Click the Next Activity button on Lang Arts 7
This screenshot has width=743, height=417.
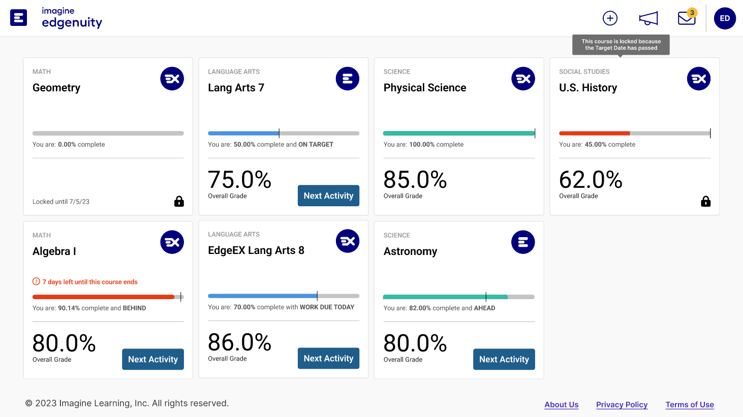(328, 196)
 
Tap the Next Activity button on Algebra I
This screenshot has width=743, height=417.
(153, 359)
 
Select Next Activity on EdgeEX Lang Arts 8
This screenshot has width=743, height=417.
(328, 358)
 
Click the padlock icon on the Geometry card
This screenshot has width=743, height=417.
(179, 201)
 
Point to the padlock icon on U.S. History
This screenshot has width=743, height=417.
(705, 201)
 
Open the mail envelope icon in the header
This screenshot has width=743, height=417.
(687, 19)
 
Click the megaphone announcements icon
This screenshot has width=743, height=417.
(648, 19)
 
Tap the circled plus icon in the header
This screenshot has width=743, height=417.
(610, 18)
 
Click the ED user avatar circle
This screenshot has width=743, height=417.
(725, 18)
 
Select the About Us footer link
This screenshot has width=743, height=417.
(562, 404)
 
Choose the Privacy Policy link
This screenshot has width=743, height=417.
(622, 404)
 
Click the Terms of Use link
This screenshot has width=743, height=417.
(690, 404)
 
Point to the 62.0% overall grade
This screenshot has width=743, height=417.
(591, 180)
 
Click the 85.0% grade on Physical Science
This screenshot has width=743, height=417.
(415, 180)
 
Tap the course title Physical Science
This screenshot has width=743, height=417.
(425, 87)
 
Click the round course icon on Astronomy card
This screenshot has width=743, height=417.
(523, 242)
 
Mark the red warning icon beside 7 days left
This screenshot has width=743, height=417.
(36, 281)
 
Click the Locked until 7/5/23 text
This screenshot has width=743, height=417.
(61, 202)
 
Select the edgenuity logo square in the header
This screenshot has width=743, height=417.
(19, 18)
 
